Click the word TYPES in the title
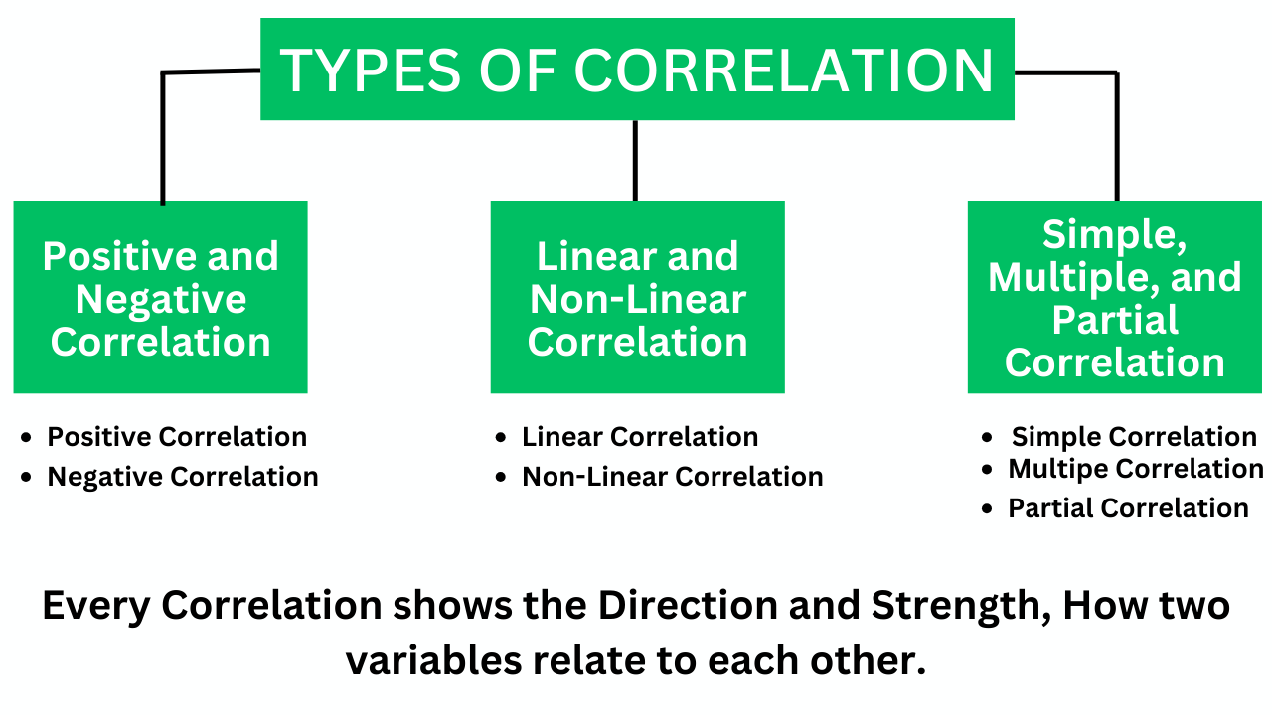click(371, 71)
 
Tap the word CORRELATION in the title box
click(784, 71)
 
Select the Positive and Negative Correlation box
click(161, 297)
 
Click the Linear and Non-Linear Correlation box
click(638, 297)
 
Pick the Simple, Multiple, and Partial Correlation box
click(1115, 297)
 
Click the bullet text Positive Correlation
click(177, 437)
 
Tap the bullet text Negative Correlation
click(183, 477)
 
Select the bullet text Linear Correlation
click(640, 437)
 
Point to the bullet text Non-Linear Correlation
click(673, 477)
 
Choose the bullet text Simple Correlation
click(1134, 437)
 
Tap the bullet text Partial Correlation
click(1128, 508)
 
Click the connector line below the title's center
click(635, 161)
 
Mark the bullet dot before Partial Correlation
click(987, 509)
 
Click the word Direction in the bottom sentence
click(688, 605)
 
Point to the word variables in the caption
click(434, 661)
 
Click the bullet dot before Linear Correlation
click(500, 438)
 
